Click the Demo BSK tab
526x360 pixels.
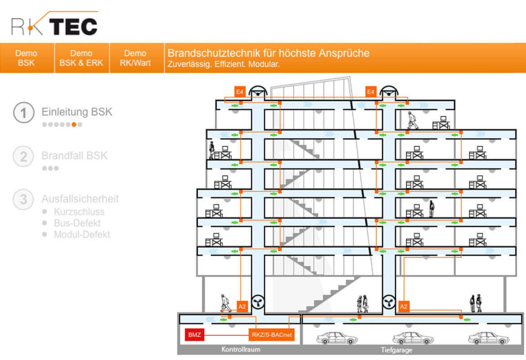[26, 58]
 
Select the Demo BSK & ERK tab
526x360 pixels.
[81, 58]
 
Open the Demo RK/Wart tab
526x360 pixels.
[135, 58]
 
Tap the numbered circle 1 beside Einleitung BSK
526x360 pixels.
[24, 113]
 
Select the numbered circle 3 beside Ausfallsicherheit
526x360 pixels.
[24, 199]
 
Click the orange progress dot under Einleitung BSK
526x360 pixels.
[74, 125]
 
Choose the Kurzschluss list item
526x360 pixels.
[79, 212]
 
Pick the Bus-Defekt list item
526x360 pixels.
[77, 223]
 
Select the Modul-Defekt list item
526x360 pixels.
[82, 235]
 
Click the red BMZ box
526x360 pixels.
[195, 335]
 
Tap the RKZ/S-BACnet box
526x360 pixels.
[271, 335]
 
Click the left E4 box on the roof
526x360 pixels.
[240, 92]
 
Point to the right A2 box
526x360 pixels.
[404, 307]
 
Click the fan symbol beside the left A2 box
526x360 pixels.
[258, 302]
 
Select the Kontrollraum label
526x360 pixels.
[241, 350]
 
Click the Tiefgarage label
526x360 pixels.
[396, 350]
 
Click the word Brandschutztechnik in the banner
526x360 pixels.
[214, 53]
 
